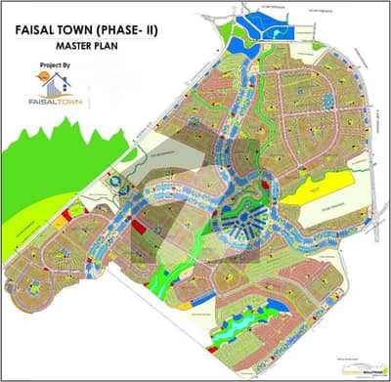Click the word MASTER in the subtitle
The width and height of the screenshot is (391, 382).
93,47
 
